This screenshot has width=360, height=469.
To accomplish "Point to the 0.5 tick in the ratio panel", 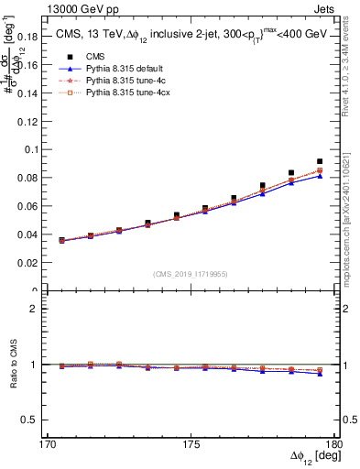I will (38, 420).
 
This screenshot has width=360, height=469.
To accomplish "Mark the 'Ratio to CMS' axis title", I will (13, 365).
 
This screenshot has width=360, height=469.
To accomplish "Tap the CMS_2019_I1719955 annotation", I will (190, 272).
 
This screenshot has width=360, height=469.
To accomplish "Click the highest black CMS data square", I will (320, 161).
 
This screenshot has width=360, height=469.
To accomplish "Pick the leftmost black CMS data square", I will (61, 240).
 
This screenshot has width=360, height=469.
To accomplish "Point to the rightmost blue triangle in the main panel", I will (320, 175).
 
